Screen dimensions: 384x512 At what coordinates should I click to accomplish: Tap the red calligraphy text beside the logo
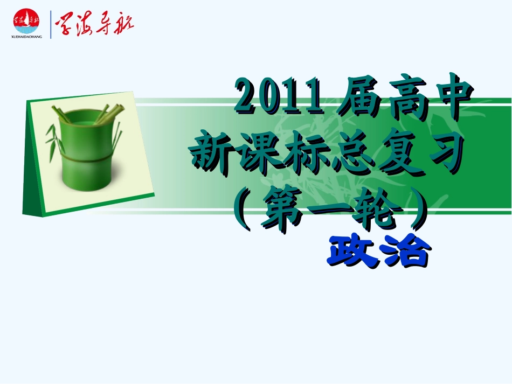click(94, 23)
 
